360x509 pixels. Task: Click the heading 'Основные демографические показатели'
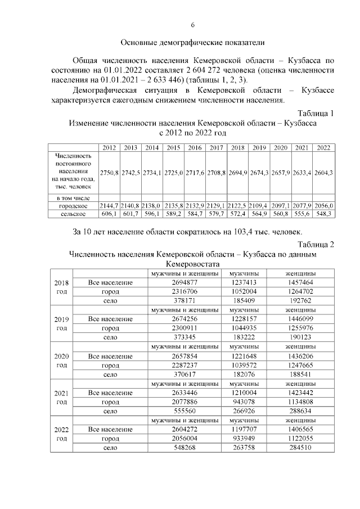click(192, 43)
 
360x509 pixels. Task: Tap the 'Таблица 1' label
click(316, 113)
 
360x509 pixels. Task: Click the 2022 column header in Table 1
click(323, 147)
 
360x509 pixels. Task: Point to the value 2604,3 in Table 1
click(323, 172)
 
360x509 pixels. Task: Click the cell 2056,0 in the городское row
click(323, 206)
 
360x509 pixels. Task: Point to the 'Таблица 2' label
click(316, 244)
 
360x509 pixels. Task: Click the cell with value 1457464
click(299, 282)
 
